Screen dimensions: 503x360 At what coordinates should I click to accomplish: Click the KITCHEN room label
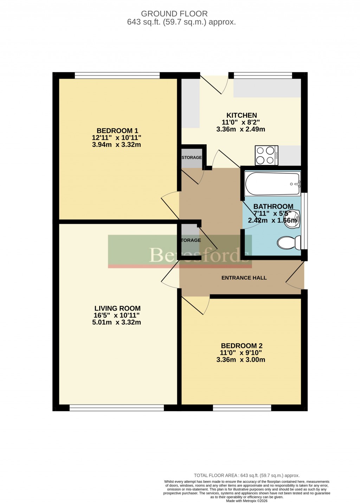pos(242,115)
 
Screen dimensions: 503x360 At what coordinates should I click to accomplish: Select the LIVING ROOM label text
pos(117,308)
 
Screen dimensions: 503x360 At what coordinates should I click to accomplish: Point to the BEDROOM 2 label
pos(242,346)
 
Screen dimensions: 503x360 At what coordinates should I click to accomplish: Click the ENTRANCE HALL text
pos(244,278)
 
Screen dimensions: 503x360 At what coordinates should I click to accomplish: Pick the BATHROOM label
pos(273,207)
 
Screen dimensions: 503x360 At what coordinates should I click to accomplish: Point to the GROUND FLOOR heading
pos(174,14)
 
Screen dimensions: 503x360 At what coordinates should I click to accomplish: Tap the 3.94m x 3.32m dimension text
pos(116,145)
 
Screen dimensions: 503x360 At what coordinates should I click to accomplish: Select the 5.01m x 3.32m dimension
pos(116,322)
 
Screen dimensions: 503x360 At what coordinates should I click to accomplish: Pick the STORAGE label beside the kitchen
pos(192,157)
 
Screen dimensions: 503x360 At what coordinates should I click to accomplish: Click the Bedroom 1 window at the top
pos(117,75)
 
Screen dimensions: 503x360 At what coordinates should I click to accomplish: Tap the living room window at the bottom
pos(117,407)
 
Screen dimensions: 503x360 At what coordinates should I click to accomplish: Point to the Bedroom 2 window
pos(242,407)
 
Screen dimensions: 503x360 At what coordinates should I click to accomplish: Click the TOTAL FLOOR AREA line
pos(246,476)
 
